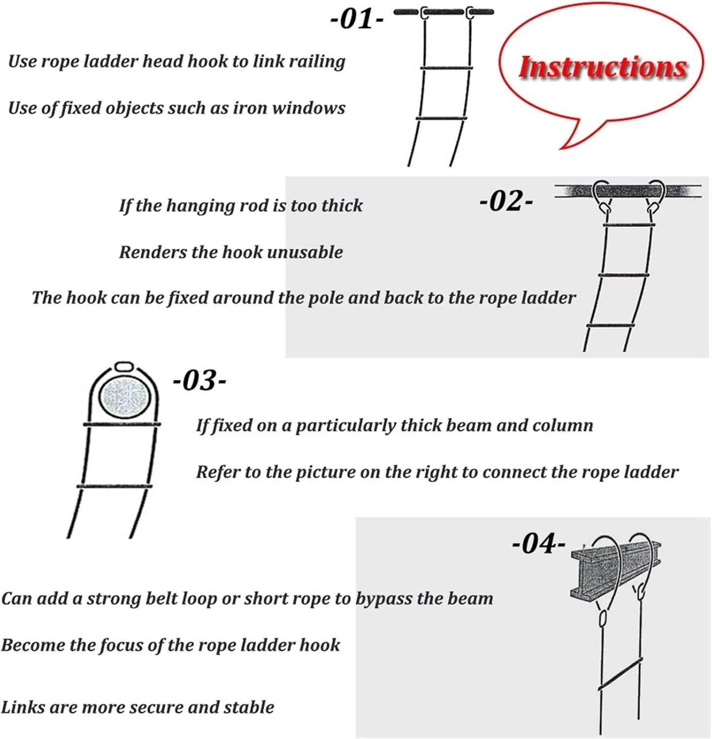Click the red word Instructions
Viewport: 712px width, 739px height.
pyautogui.click(x=603, y=67)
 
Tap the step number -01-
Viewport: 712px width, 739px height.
pyautogui.click(x=356, y=19)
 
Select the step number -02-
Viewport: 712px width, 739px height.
pyautogui.click(x=506, y=201)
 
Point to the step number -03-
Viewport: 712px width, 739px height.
pyautogui.click(x=199, y=380)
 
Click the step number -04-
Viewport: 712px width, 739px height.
pyautogui.click(x=539, y=543)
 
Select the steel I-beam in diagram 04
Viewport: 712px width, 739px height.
pyautogui.click(x=615, y=570)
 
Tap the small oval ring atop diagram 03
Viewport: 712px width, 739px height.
pyautogui.click(x=124, y=368)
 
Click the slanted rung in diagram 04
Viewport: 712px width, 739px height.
pyautogui.click(x=620, y=673)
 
